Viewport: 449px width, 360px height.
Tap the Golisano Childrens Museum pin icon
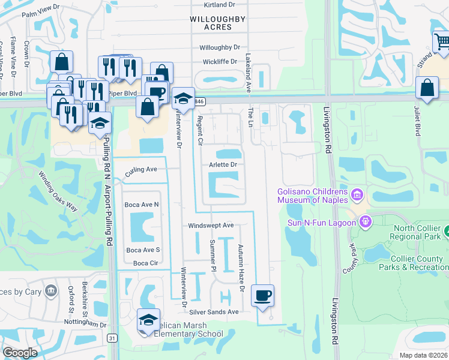tap(358, 194)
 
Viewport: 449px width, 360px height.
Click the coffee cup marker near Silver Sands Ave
tap(262, 296)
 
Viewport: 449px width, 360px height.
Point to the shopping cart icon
tap(442, 41)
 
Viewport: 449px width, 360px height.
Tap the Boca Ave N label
tap(142, 205)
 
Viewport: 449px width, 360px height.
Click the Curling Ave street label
tap(141, 170)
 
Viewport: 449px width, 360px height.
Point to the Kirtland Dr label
tap(218, 5)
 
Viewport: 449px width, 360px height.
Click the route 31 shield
tap(112, 338)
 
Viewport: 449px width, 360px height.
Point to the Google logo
tap(20, 353)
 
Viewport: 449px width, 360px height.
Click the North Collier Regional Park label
tap(418, 233)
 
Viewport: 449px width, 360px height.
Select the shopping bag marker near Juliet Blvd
tap(426, 88)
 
